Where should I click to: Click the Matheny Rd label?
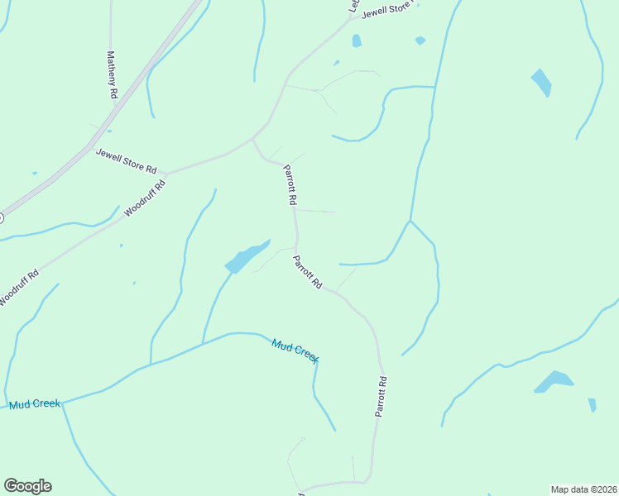(x=112, y=75)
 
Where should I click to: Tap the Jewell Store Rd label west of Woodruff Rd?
(x=126, y=160)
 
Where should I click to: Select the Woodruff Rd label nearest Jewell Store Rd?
(x=145, y=198)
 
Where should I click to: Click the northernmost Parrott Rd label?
(x=290, y=184)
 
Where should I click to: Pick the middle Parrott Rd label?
(x=307, y=272)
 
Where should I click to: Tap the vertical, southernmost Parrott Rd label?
(x=381, y=397)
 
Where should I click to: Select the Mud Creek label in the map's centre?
(x=295, y=351)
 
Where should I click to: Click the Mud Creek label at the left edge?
(x=35, y=404)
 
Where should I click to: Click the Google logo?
(x=27, y=486)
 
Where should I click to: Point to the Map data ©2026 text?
(x=583, y=489)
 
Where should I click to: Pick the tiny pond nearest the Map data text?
(x=592, y=404)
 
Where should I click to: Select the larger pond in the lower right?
(x=554, y=381)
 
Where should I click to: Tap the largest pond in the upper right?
(x=541, y=82)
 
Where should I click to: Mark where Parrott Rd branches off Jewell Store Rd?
(x=252, y=139)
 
